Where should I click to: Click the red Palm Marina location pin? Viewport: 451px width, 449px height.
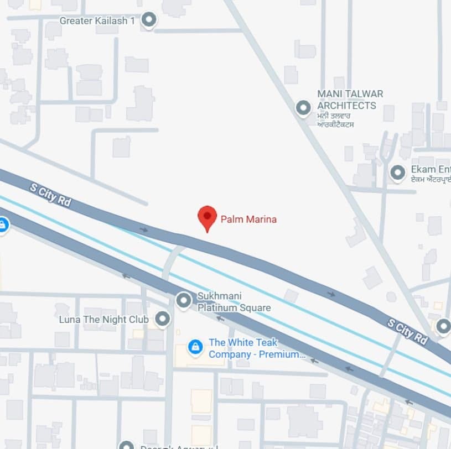(208, 217)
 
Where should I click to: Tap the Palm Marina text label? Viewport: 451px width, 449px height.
(248, 220)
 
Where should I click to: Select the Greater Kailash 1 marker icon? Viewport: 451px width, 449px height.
(149, 20)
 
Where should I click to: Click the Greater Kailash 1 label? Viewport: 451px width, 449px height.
(97, 21)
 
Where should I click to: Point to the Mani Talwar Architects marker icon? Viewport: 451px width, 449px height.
(303, 107)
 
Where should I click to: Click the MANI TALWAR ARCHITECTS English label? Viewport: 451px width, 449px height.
(350, 100)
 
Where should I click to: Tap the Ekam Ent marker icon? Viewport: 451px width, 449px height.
(398, 173)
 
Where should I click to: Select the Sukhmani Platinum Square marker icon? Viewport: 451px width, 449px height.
(184, 301)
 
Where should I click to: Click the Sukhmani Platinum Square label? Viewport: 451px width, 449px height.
(234, 302)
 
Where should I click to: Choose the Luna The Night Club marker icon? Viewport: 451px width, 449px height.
(162, 319)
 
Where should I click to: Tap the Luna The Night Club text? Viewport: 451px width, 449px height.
(104, 320)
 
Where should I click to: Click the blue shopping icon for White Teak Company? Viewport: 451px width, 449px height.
(195, 347)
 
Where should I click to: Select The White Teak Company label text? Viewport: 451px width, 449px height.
(256, 348)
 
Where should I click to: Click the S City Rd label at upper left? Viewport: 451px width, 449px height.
(51, 195)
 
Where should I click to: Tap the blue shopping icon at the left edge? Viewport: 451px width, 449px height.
(3, 225)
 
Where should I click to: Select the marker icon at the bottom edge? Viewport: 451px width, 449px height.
(127, 445)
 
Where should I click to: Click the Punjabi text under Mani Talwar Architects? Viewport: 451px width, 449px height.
(336, 121)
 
